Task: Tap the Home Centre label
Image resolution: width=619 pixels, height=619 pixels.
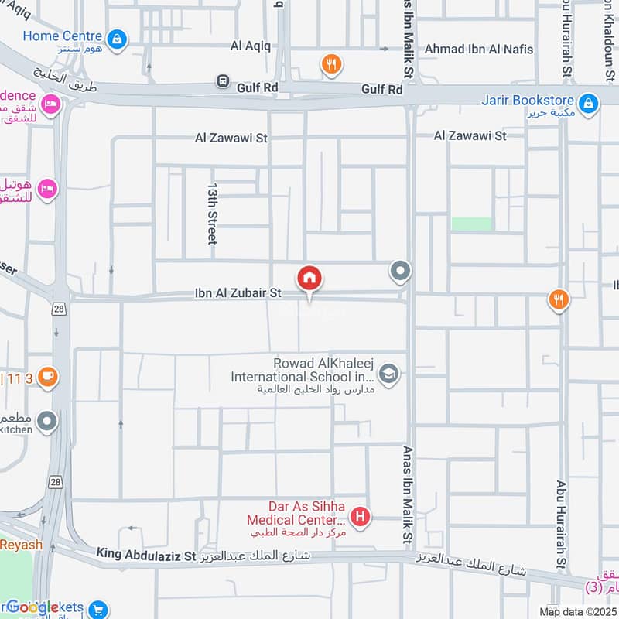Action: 62,36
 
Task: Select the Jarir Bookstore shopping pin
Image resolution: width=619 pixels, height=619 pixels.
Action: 588,102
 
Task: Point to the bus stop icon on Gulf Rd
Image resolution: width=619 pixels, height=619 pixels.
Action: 223,80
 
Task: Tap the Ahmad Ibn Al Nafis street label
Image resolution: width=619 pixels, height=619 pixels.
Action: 479,50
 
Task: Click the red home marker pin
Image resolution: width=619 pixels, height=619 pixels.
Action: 309,279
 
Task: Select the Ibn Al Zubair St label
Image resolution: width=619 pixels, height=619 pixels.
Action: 237,294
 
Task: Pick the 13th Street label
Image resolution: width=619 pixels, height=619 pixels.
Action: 212,214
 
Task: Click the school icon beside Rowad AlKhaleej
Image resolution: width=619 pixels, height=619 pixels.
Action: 389,374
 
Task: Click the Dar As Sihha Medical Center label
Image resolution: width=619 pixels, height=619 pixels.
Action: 295,512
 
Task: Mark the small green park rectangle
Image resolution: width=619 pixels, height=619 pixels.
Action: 471,224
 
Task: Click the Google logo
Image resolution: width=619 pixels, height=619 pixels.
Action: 32,607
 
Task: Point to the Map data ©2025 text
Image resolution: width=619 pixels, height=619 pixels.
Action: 577,612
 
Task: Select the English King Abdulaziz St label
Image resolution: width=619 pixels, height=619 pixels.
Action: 147,554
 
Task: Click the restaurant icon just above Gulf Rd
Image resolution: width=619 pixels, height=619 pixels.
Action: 331,65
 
